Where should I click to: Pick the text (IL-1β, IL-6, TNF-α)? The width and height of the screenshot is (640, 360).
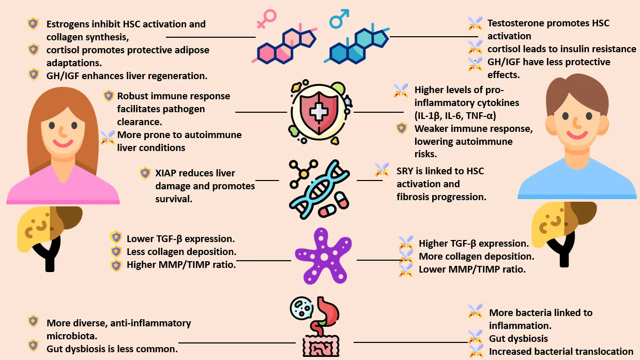coord(459,115)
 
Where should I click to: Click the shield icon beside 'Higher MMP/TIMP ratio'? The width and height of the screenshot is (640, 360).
coord(116,265)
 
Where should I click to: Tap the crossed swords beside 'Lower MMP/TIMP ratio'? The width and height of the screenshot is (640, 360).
coord(406,269)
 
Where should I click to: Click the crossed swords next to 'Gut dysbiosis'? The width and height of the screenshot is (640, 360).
coord(475,338)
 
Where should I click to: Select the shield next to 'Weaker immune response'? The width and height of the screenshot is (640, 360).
coord(401,128)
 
